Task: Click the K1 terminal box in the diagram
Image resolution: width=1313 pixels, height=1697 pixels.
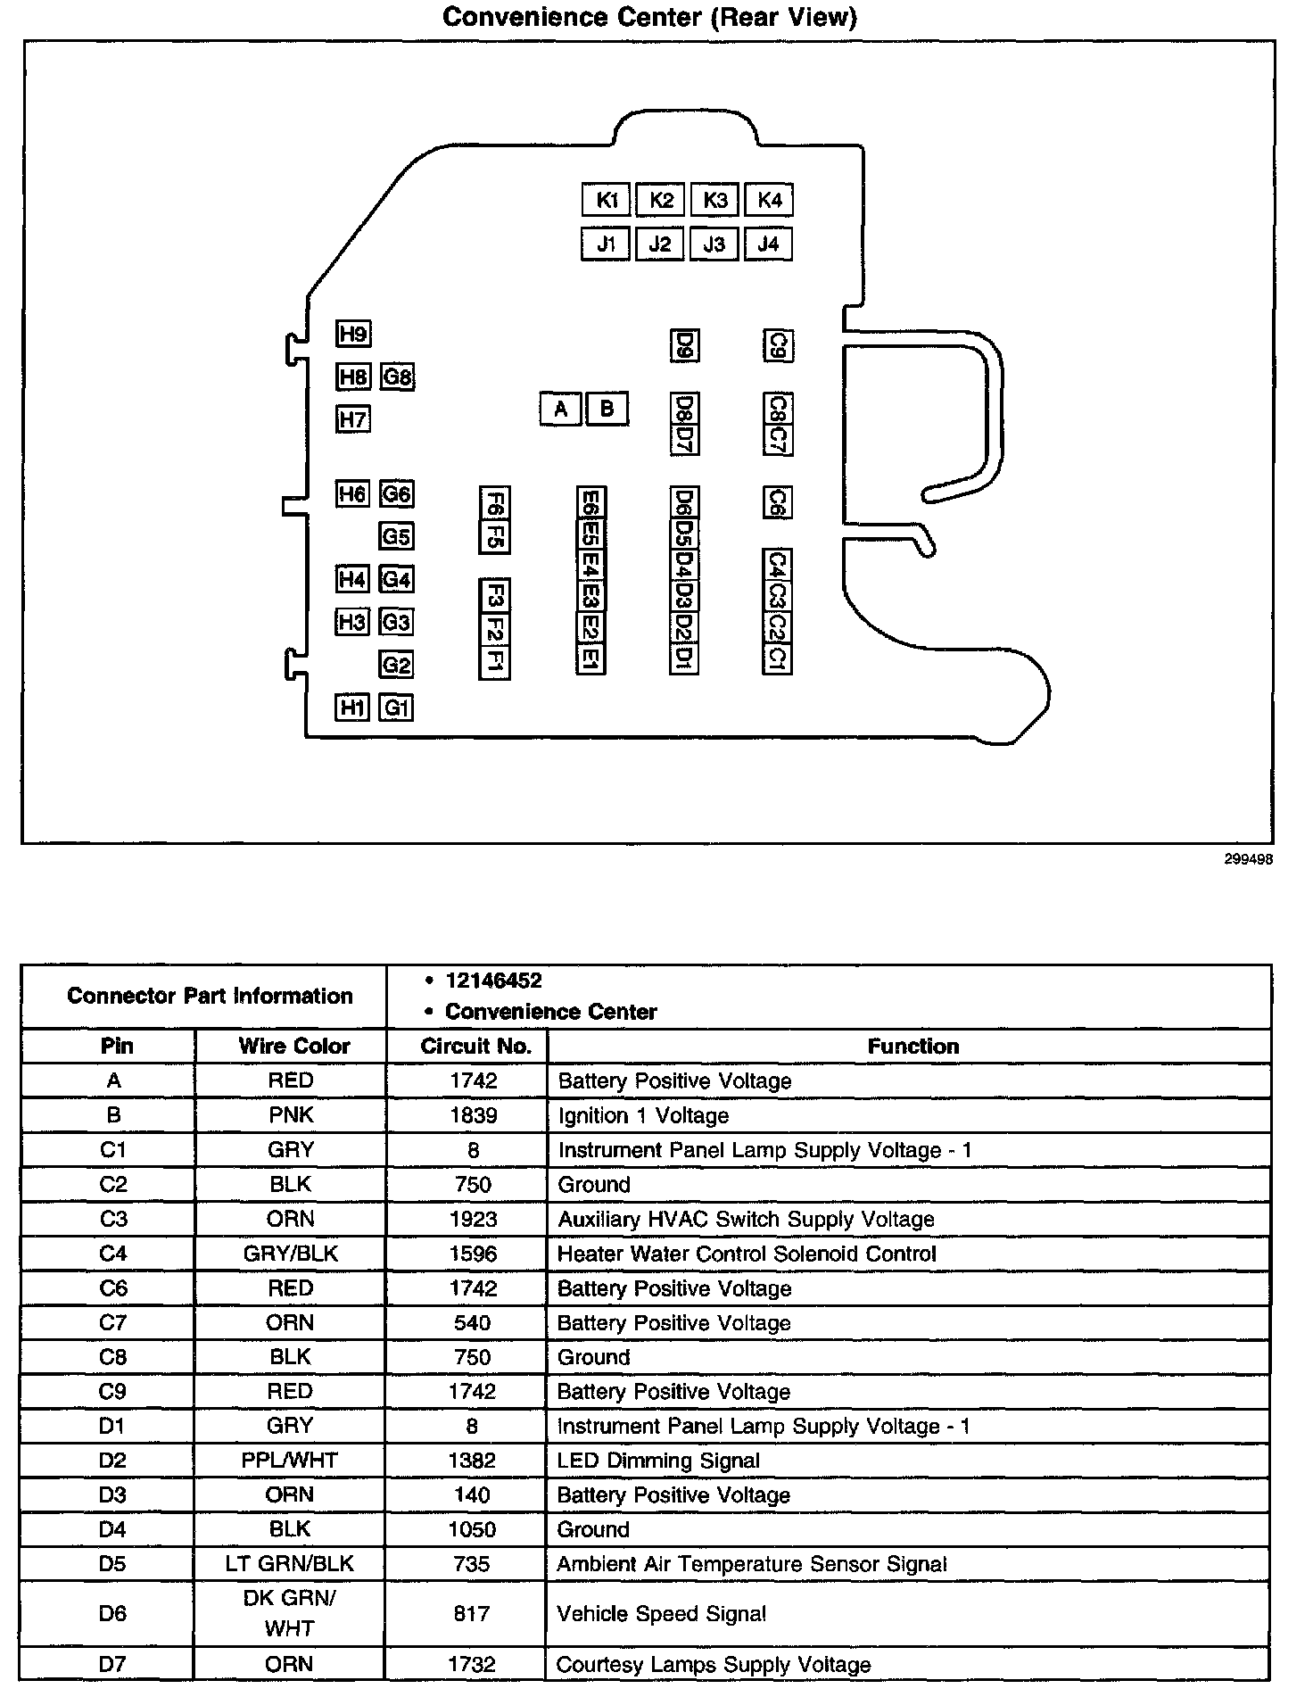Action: [607, 200]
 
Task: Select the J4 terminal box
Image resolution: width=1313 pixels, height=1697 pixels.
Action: [768, 244]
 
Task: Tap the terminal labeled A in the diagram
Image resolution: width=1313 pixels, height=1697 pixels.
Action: [560, 410]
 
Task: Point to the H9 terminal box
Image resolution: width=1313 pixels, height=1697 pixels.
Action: [353, 334]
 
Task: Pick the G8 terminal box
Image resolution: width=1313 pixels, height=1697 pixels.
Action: [397, 377]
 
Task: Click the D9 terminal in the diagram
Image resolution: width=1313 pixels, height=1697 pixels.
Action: [684, 345]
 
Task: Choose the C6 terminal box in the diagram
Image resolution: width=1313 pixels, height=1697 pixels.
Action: [777, 502]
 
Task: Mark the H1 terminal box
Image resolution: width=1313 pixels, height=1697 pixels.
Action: [352, 708]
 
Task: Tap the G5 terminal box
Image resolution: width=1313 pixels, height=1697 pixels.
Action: [396, 536]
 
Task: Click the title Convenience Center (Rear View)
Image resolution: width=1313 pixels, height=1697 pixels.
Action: [650, 17]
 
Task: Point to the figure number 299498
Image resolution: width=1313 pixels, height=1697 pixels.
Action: [1248, 859]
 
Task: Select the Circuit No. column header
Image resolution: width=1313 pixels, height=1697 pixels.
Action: [475, 1046]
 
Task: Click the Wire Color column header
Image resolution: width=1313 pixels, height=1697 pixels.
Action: [293, 1046]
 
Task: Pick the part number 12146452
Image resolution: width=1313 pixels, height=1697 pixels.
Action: [493, 981]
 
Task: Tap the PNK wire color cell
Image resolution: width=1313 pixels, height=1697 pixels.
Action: [291, 1115]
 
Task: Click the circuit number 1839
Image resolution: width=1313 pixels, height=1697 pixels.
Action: [474, 1115]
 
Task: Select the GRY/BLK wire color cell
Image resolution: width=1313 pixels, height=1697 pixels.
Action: [291, 1254]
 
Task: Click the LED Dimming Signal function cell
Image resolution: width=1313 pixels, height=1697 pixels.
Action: [658, 1461]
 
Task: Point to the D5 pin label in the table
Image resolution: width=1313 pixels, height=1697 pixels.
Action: [113, 1563]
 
